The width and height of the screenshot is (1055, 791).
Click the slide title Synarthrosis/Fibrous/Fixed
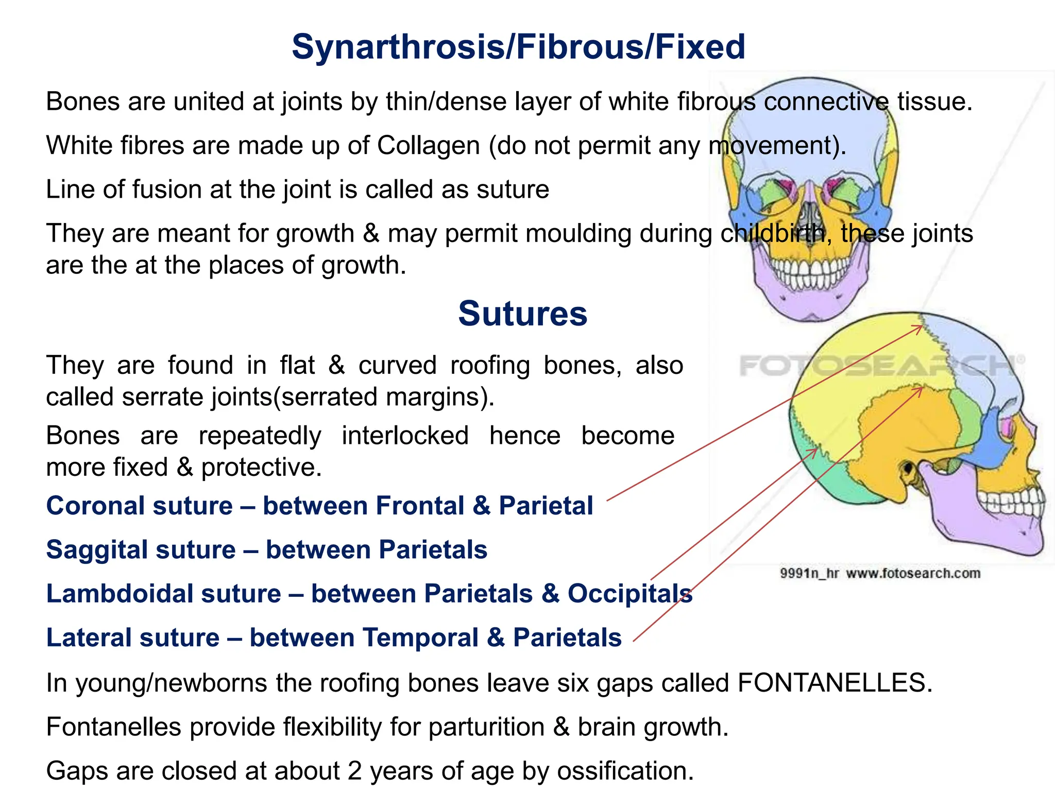(x=518, y=47)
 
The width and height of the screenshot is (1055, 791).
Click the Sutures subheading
(x=523, y=314)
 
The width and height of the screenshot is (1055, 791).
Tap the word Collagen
(x=429, y=146)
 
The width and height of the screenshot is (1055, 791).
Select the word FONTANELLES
(x=835, y=683)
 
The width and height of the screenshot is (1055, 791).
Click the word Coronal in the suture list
(x=93, y=506)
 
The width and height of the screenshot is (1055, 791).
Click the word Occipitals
(x=630, y=594)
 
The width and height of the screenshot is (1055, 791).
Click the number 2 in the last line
(x=354, y=771)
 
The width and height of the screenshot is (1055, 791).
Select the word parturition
(x=486, y=728)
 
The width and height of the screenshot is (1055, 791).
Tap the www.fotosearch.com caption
(x=913, y=573)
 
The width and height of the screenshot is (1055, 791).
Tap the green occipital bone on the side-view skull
(x=832, y=471)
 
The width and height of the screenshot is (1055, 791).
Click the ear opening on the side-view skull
(x=908, y=469)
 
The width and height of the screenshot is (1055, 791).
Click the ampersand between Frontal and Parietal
(x=482, y=506)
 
